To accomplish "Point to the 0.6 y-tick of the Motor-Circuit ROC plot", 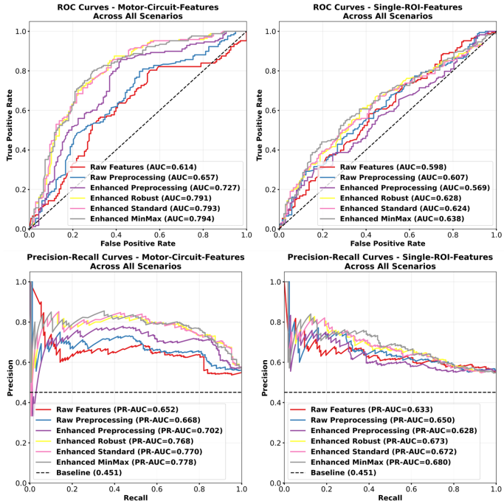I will pos(21,110).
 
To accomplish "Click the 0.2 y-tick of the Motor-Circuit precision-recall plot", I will pos(21,443).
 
